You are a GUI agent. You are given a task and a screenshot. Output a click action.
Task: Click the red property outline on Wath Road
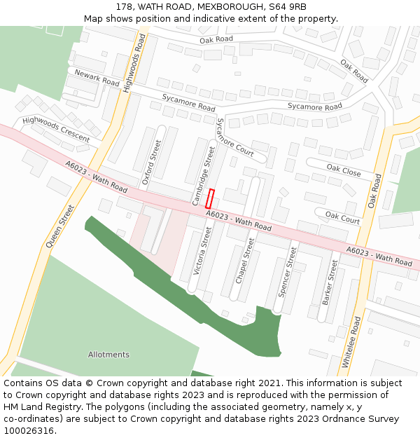211,198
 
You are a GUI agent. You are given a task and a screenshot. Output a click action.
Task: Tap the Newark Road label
93,76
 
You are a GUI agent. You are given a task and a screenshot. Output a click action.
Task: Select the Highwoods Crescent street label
56,129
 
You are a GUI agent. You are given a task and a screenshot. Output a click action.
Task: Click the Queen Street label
59,226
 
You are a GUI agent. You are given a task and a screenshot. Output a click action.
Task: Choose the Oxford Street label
151,163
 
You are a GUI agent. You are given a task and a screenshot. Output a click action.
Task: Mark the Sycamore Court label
235,137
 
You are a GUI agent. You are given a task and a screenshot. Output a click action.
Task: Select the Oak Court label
342,219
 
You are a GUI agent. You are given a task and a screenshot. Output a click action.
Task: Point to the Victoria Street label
202,250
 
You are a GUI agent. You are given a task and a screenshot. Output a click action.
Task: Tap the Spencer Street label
288,271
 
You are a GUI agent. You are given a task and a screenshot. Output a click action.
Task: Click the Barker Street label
330,282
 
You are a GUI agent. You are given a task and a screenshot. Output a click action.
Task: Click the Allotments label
108,355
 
